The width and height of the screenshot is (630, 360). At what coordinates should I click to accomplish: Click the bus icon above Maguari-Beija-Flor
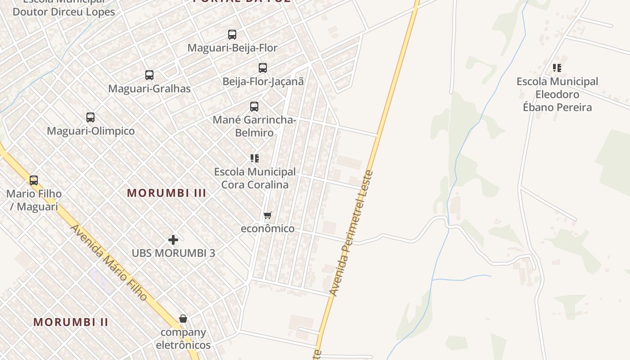click(x=232, y=35)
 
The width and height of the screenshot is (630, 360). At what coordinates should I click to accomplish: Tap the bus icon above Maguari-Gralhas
click(x=149, y=75)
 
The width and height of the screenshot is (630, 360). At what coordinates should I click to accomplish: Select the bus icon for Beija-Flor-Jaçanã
click(x=263, y=68)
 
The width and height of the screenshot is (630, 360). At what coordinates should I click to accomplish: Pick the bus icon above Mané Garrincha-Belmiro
click(x=254, y=107)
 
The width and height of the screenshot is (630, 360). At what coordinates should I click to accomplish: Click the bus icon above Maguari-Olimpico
click(x=90, y=117)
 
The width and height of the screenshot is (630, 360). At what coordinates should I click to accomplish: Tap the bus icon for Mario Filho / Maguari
click(x=34, y=180)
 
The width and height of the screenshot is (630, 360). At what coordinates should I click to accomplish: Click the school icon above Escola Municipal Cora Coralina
click(x=255, y=158)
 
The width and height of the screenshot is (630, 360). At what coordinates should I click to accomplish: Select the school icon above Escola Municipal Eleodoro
click(x=557, y=68)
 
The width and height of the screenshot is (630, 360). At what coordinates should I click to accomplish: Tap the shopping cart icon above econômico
click(x=268, y=216)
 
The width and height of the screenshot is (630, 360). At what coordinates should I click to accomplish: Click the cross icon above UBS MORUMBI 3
click(x=173, y=240)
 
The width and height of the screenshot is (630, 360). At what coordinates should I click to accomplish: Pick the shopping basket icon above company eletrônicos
click(x=183, y=319)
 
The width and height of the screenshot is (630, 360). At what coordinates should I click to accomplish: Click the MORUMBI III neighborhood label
click(x=166, y=193)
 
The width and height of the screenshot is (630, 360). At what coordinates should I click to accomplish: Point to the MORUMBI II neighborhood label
click(x=71, y=322)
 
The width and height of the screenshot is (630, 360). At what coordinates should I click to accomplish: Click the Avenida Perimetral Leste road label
click(x=351, y=233)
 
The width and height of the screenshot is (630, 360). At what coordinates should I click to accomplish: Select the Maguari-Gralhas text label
click(x=149, y=89)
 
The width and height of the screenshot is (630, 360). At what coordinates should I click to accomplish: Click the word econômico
click(x=268, y=229)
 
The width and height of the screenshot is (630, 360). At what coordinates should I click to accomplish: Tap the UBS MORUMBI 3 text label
click(x=173, y=253)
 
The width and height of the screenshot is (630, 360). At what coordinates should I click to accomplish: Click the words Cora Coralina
click(x=255, y=185)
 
